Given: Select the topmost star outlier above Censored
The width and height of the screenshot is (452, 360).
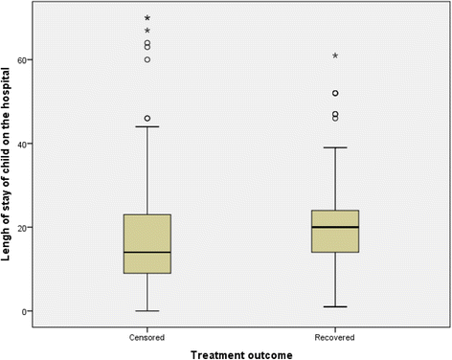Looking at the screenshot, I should (147, 18).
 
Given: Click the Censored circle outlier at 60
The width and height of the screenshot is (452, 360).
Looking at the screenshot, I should (147, 59).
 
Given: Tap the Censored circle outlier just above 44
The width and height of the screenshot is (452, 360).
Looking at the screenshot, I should (147, 118).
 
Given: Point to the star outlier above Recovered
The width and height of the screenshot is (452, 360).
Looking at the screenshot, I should (335, 56).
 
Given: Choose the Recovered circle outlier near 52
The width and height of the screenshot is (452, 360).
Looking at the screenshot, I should (335, 93).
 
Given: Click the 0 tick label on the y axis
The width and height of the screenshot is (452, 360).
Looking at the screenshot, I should (56, 311).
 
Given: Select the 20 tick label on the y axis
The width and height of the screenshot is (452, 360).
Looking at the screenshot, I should (53, 228).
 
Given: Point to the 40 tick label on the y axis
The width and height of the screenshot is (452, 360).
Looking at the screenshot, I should (53, 144).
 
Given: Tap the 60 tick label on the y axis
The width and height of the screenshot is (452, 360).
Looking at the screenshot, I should (53, 59).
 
